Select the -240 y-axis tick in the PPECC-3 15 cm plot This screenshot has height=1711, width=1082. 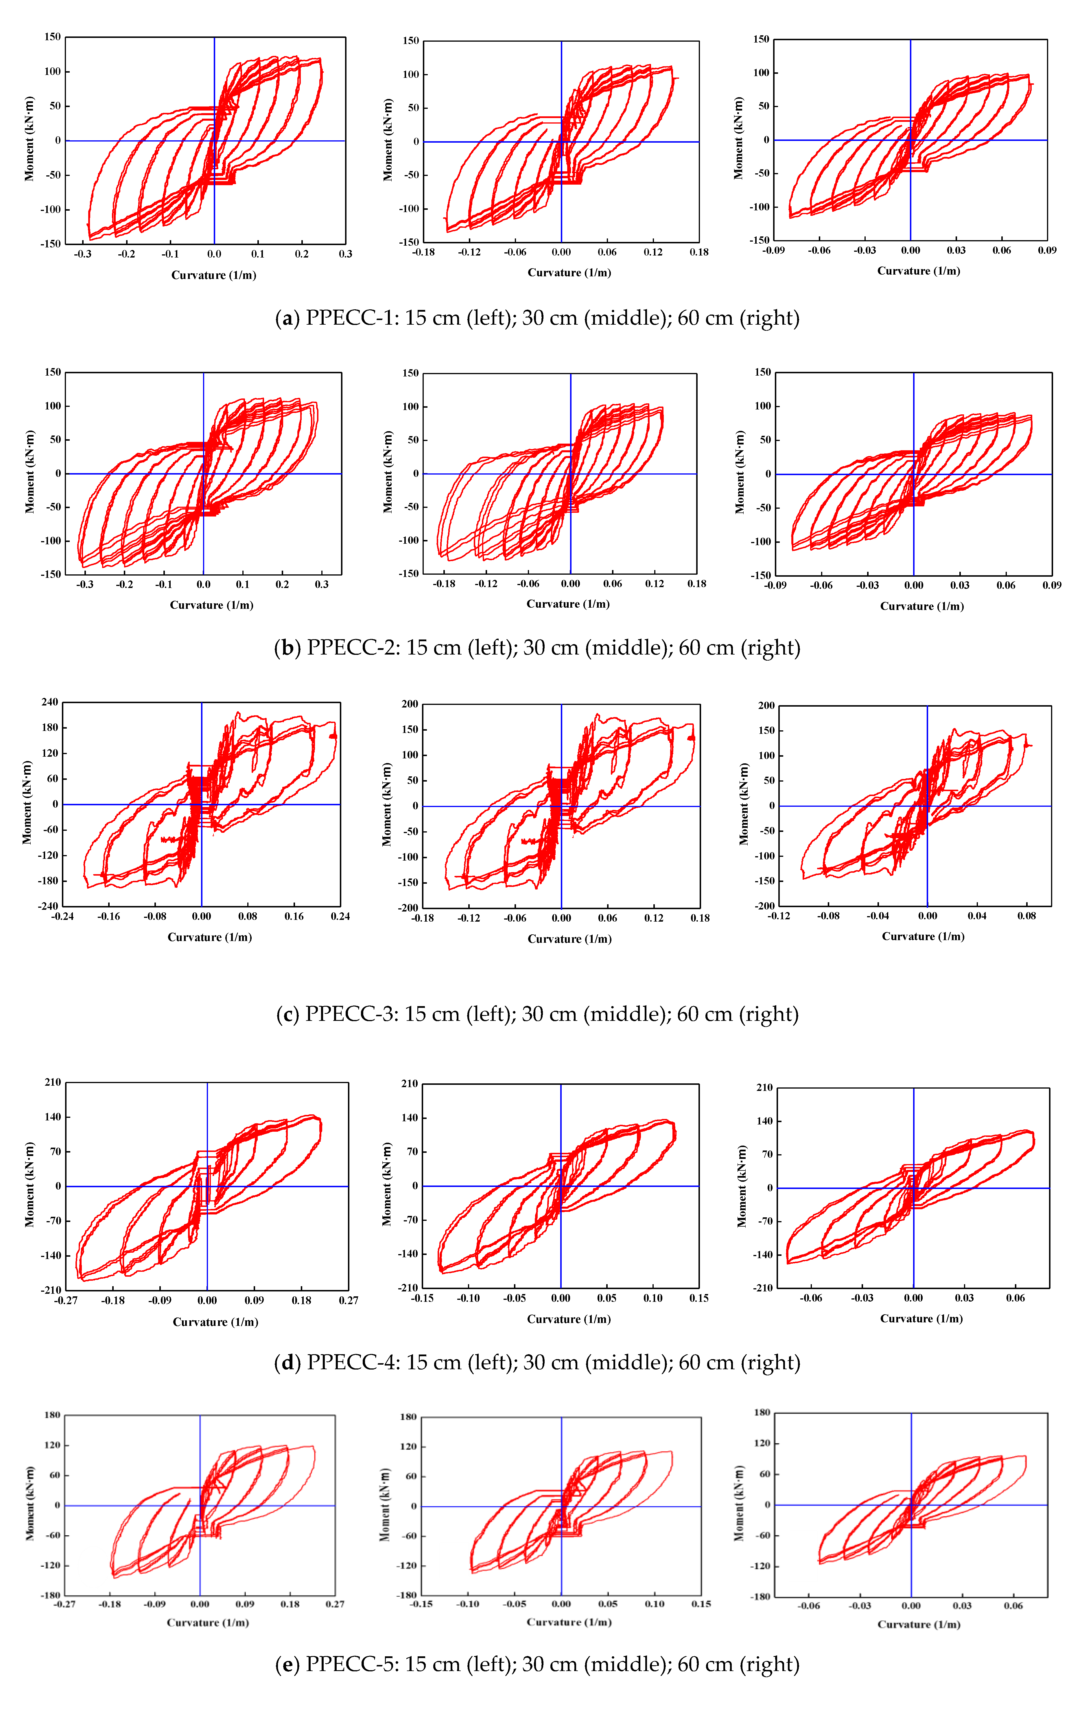48,906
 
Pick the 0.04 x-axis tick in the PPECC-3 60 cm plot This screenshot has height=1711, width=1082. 977,916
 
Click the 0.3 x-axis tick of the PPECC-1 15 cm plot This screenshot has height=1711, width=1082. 345,254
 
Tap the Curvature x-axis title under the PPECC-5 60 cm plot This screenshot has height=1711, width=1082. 919,1624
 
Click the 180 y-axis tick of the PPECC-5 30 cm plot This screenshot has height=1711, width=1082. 408,1416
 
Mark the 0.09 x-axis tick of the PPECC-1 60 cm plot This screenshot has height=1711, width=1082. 1047,250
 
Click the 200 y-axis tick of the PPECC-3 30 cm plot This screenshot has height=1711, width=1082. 410,704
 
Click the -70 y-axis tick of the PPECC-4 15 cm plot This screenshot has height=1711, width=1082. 52,1221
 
